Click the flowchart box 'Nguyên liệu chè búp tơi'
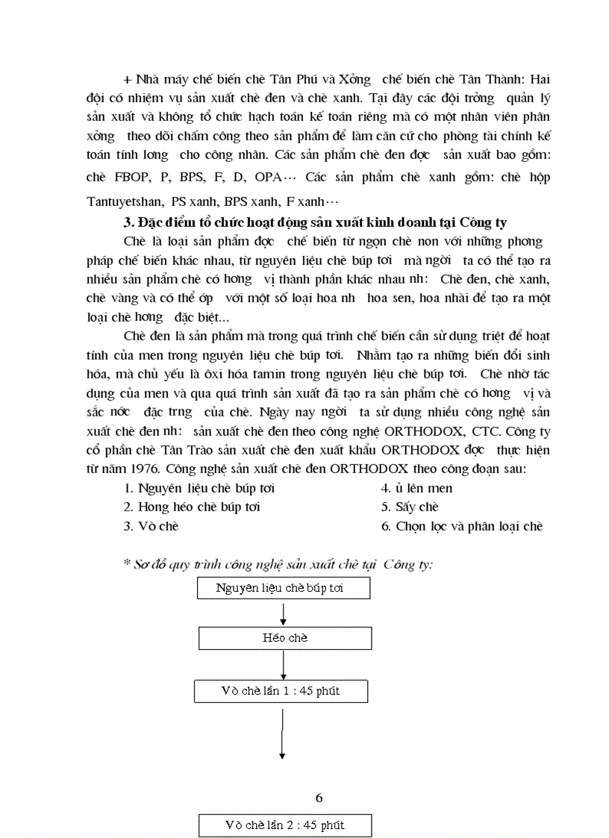(x=284, y=588)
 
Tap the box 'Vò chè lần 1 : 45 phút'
(x=280, y=691)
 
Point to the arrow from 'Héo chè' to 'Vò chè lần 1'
(x=284, y=665)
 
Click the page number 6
(x=319, y=798)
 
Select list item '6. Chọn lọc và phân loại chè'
(x=461, y=526)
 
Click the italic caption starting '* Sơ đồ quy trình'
(x=278, y=564)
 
